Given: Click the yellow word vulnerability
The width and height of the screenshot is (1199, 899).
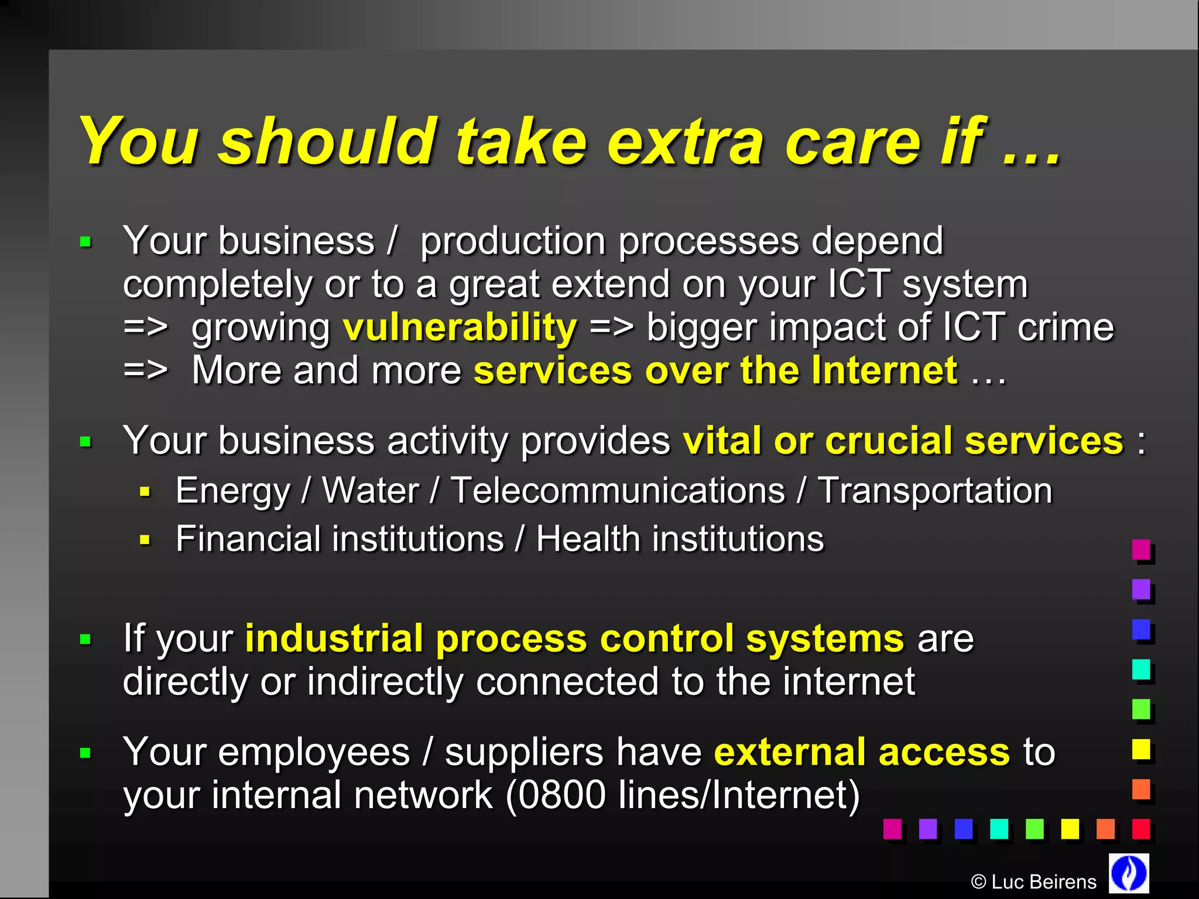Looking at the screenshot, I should coord(460,328).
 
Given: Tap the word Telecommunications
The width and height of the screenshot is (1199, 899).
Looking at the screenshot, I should coord(618,490).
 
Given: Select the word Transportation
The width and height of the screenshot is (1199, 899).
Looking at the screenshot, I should coord(935,490).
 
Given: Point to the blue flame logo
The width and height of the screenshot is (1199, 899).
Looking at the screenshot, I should coord(1129,873).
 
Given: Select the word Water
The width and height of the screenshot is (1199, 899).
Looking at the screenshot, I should coord(371,490).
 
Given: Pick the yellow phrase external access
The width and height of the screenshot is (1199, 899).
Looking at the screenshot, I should coord(862,752).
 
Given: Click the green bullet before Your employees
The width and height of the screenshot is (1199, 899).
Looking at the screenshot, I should coord(85,753).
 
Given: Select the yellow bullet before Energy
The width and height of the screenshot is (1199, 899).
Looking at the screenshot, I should coord(145,492).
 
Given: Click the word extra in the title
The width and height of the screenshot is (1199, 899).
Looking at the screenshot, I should coord(685,142).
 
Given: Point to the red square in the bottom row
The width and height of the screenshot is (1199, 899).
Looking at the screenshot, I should coord(1140,829).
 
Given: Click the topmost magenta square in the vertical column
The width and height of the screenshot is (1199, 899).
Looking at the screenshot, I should coord(1140,550).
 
